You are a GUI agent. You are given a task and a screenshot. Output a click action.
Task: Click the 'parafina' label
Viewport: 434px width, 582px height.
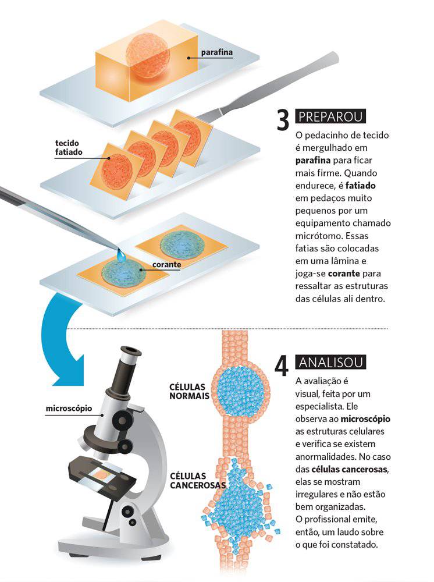pos(217,52)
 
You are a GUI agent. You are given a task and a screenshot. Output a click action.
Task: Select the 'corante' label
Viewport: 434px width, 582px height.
pos(166,265)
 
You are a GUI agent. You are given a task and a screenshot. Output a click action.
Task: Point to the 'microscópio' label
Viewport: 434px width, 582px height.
pos(69,409)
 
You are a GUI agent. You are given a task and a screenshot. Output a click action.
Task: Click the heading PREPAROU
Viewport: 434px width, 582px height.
pos(330,116)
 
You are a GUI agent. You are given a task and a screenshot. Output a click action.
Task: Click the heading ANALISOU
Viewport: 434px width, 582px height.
pos(330,362)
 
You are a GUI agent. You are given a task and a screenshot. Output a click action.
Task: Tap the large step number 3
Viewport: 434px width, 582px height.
pos(283,120)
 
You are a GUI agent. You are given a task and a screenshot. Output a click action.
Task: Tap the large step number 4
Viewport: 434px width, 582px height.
pos(282,365)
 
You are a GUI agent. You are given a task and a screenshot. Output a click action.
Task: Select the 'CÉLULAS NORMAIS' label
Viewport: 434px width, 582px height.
pos(189,392)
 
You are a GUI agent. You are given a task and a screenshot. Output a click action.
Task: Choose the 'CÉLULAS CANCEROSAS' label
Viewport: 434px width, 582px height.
pos(198,481)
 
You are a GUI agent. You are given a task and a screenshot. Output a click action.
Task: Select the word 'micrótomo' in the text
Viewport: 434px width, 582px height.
pos(314,236)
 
